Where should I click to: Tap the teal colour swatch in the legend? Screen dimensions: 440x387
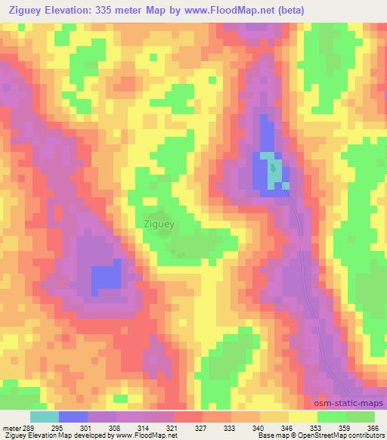click(45, 417)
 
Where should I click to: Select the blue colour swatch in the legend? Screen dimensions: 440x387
click(73, 417)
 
